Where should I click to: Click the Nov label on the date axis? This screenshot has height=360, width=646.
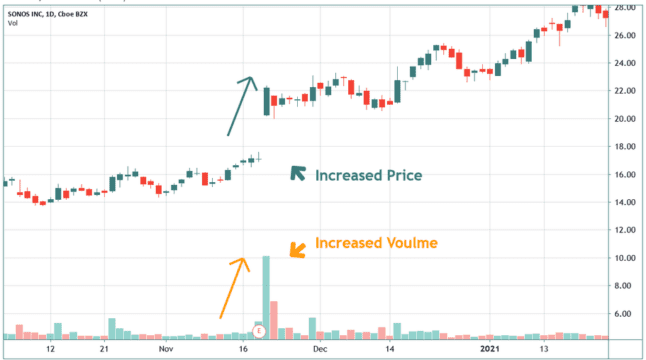(x=165, y=351)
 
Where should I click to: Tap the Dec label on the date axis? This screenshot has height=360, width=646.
(x=319, y=351)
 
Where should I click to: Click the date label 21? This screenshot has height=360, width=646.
(x=105, y=351)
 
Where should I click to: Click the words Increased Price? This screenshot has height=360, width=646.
(x=368, y=175)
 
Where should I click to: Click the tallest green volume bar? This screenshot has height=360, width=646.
(x=266, y=296)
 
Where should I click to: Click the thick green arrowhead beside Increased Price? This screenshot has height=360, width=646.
(x=298, y=173)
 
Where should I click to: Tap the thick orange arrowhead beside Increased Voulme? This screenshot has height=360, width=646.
(x=297, y=249)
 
